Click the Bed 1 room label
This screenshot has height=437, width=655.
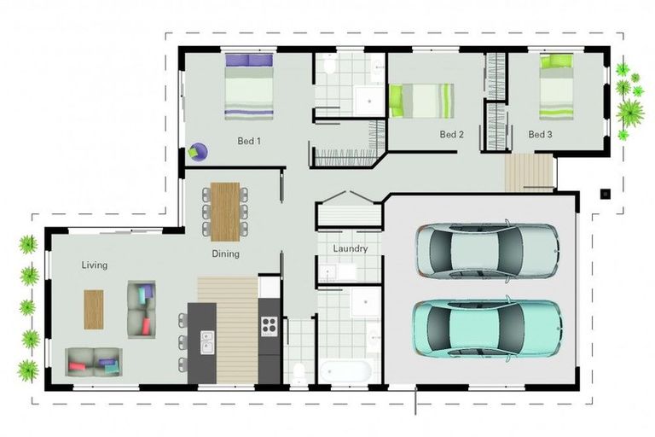[x=248, y=142]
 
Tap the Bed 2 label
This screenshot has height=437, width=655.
[x=451, y=135]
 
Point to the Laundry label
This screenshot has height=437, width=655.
[x=350, y=249]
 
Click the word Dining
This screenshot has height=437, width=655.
[x=226, y=253]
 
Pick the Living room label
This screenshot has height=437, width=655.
[x=95, y=265]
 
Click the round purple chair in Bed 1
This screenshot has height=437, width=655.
[x=198, y=152]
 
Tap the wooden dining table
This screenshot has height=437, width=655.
[x=226, y=210]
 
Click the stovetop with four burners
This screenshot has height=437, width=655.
[x=269, y=324]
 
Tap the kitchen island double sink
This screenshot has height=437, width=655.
[x=207, y=342]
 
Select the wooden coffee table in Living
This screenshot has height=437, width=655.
[x=93, y=308]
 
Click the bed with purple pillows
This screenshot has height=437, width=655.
[x=249, y=86]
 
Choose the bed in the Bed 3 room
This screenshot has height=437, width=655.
[x=557, y=87]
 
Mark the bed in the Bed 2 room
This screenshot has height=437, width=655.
[x=425, y=101]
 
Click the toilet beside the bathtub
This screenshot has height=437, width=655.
[x=299, y=372]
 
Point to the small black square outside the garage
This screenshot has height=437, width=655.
[x=604, y=194]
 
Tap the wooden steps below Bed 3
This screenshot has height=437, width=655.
[x=529, y=173]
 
